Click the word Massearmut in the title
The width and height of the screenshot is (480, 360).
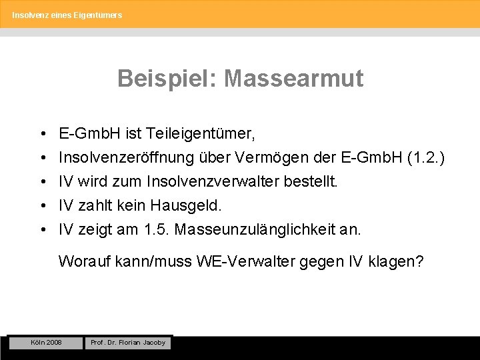294,79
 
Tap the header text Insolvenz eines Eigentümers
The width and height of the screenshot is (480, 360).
67,14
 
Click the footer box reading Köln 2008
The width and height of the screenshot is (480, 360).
45,342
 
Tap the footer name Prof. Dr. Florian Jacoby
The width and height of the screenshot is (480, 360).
128,343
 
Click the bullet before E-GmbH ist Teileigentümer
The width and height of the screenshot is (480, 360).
42,134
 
